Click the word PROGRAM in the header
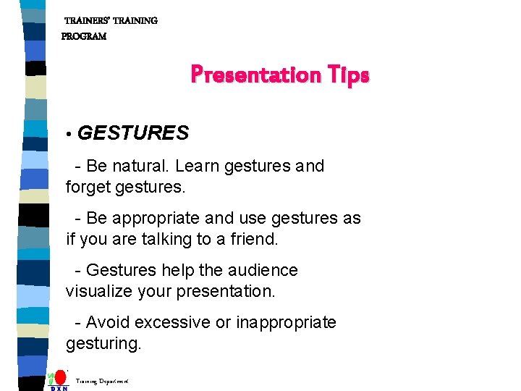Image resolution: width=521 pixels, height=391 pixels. point(84,36)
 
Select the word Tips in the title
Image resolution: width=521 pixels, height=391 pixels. point(347,75)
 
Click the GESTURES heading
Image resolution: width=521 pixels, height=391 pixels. point(133,133)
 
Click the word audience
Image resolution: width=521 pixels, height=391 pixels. point(262,270)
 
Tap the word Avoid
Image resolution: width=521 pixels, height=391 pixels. point(108,322)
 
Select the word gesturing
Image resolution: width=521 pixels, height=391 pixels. point(103,343)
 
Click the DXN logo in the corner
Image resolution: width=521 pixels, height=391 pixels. point(59,381)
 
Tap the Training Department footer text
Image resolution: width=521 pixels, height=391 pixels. point(102,380)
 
